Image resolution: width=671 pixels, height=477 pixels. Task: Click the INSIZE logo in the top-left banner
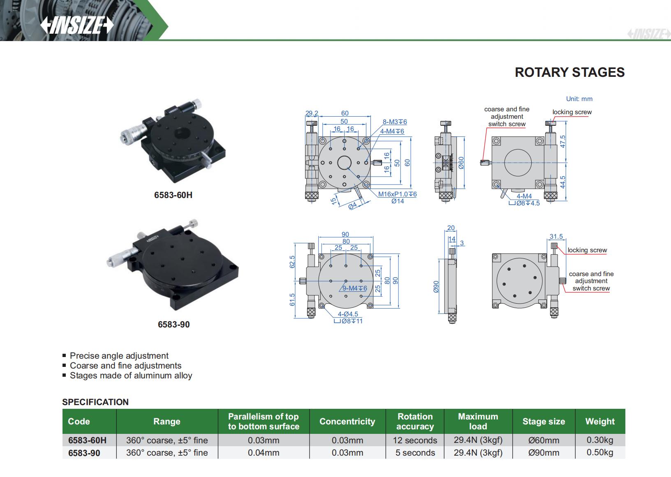coord(77,25)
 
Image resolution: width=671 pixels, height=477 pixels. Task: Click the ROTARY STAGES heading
coord(569,72)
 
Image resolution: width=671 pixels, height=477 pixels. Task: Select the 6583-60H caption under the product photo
coord(173,195)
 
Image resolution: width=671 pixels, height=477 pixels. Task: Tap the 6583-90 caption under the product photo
coord(174,324)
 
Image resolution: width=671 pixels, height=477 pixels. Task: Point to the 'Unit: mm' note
coord(579,99)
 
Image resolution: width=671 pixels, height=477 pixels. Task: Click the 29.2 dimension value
coord(312,113)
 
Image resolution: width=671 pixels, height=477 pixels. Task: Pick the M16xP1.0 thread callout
coord(398,194)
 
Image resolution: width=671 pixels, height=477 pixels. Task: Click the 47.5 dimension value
coord(563,141)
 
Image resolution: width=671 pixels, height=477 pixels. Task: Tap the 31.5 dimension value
coord(556,236)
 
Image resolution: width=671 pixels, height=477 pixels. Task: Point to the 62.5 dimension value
coord(292,262)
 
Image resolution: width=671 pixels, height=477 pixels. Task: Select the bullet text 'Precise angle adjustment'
coord(119,356)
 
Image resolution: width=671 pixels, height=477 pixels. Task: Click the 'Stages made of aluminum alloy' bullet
coord(131,376)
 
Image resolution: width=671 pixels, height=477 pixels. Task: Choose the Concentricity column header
coord(347,422)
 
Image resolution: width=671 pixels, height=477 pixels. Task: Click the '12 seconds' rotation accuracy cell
coord(415,440)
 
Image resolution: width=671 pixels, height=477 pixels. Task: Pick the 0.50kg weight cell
coord(599,452)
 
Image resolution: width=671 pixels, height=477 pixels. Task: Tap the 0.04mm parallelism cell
coord(263,452)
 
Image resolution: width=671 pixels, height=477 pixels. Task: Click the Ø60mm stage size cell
coord(544,440)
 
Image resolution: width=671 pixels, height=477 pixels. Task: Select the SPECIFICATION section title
coord(95,402)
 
